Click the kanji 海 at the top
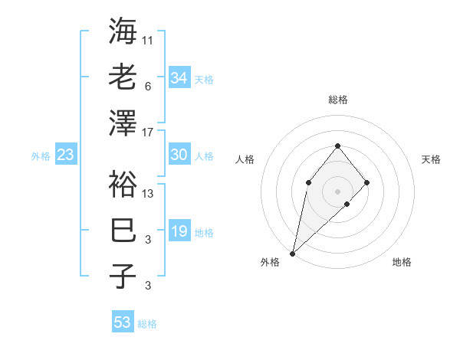pyautogui.click(x=123, y=31)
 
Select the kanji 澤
pyautogui.click(x=123, y=123)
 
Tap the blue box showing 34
pyautogui.click(x=179, y=78)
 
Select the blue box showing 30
pyautogui.click(x=179, y=155)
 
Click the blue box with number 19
pyautogui.click(x=179, y=231)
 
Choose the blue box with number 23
pyautogui.click(x=65, y=155)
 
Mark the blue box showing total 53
pyautogui.click(x=123, y=322)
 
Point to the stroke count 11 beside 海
pyautogui.click(x=148, y=40)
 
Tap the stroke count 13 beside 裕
pyautogui.click(x=148, y=194)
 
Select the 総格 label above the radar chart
pyautogui.click(x=337, y=100)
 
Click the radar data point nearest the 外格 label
pyautogui.click(x=292, y=253)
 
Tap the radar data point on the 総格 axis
pyautogui.click(x=337, y=146)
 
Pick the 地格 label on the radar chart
pyautogui.click(x=402, y=263)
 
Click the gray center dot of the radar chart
pyautogui.click(x=337, y=191)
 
